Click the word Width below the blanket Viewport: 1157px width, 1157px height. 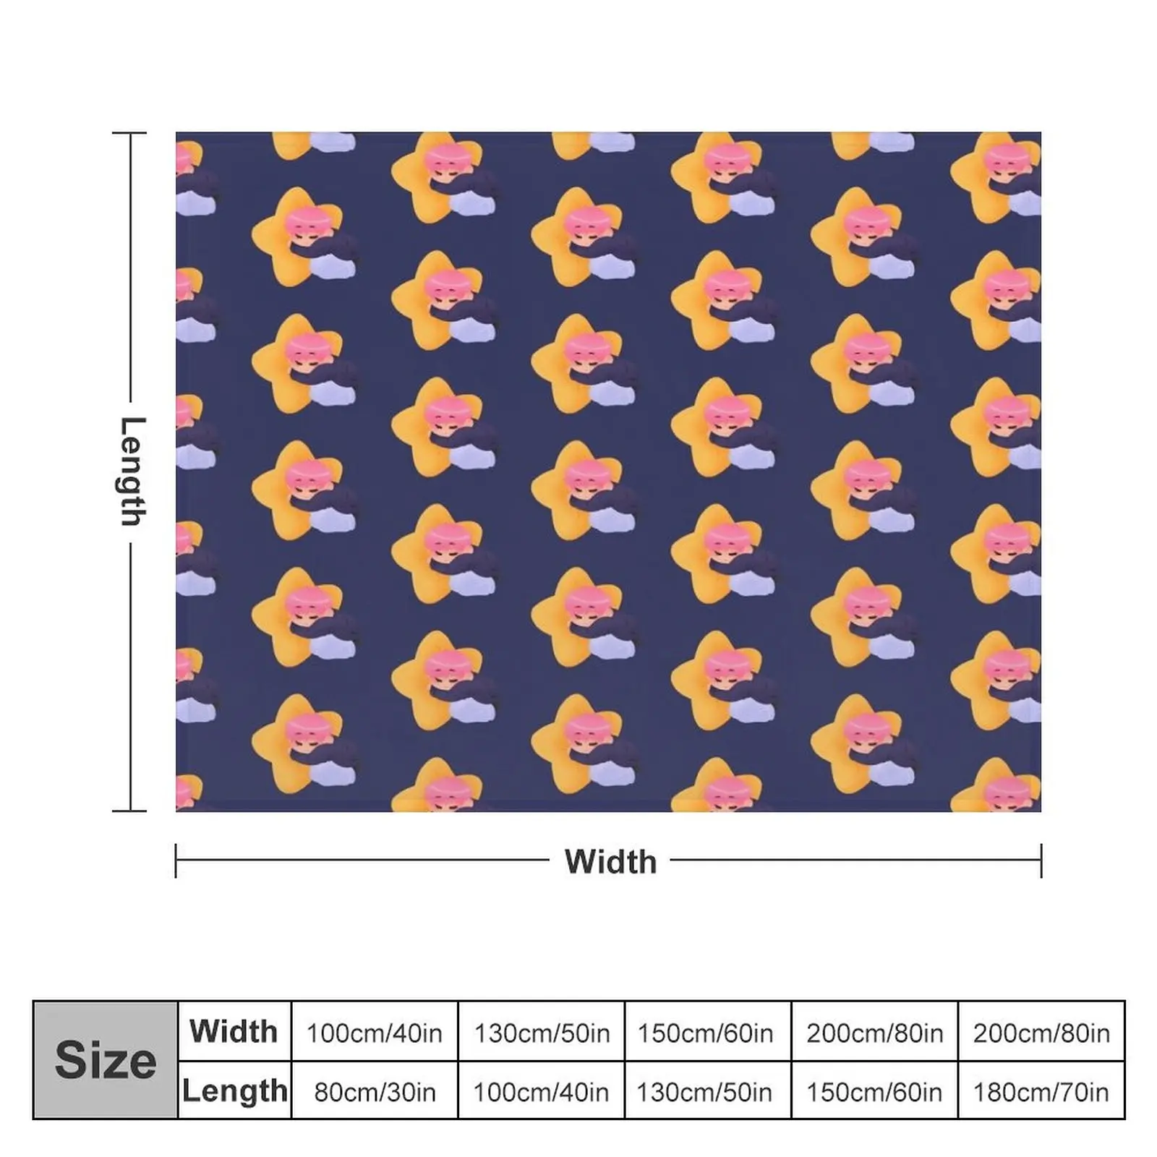(x=610, y=861)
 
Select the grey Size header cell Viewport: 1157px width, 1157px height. (x=106, y=1060)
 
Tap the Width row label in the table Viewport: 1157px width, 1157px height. (x=234, y=1031)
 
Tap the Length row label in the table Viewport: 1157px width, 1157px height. (x=234, y=1090)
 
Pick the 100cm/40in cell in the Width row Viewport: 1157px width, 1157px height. (x=374, y=1033)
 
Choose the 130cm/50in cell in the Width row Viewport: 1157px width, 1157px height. (x=541, y=1033)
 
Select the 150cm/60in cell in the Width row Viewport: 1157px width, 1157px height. (x=705, y=1033)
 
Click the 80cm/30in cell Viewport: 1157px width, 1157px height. (x=374, y=1092)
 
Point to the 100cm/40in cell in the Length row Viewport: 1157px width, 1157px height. (x=541, y=1092)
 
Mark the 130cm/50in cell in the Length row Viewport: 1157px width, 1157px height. (x=705, y=1092)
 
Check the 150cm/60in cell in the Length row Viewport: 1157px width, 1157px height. (x=874, y=1092)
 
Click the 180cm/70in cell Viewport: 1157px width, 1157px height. (x=1041, y=1092)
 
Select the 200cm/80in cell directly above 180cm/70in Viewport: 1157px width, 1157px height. (x=1041, y=1033)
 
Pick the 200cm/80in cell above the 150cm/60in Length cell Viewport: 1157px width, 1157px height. (x=874, y=1033)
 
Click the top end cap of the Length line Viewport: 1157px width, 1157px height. (x=130, y=134)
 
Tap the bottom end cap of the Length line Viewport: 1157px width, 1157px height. (x=130, y=811)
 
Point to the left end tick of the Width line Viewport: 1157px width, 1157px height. (x=176, y=861)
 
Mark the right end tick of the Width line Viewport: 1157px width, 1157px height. (x=1041, y=861)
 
